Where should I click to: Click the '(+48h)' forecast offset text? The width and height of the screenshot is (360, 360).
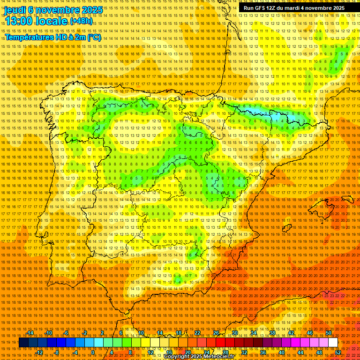point(82,21)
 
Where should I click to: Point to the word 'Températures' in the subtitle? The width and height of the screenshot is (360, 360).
point(28,37)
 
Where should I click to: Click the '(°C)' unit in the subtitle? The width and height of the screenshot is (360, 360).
point(94,37)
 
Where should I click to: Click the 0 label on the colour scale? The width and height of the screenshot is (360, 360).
point(93,352)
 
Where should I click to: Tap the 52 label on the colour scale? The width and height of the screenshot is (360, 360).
point(338,352)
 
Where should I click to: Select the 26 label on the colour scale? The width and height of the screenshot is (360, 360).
point(216,333)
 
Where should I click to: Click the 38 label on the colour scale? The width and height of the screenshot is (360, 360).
point(272,333)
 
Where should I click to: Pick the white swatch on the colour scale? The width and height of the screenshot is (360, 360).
point(333,343)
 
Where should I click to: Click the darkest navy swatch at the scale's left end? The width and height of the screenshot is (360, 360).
point(23,343)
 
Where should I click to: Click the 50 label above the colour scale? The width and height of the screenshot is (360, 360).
point(329,333)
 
